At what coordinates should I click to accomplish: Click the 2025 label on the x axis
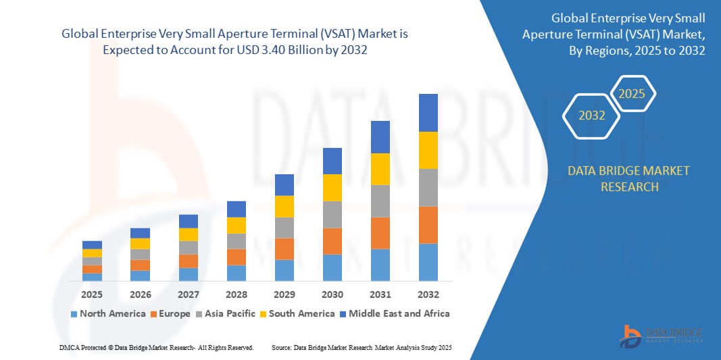[x=92, y=294]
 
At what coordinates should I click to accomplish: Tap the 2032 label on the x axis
[x=428, y=294]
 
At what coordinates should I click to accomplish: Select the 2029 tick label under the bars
[x=284, y=294]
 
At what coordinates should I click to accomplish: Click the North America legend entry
[x=107, y=313]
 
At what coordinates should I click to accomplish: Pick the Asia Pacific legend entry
[x=226, y=313]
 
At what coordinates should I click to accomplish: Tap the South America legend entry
[x=297, y=313]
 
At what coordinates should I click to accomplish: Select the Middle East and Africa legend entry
[x=394, y=313]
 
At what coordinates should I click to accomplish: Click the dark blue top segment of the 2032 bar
[x=428, y=112]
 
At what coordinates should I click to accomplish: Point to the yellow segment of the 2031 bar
[x=380, y=169]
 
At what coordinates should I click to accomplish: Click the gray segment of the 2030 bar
[x=332, y=214]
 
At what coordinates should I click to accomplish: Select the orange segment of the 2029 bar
[x=284, y=249]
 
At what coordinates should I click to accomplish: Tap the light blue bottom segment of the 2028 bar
[x=237, y=273]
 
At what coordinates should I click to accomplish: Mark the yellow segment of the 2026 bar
[x=140, y=243]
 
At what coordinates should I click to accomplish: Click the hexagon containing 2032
[x=592, y=115]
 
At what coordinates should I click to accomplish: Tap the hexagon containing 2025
[x=632, y=94]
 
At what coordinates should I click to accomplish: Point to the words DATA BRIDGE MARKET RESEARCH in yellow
[x=629, y=178]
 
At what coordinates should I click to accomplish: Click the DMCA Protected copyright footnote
[x=155, y=347]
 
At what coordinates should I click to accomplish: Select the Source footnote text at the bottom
[x=361, y=347]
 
